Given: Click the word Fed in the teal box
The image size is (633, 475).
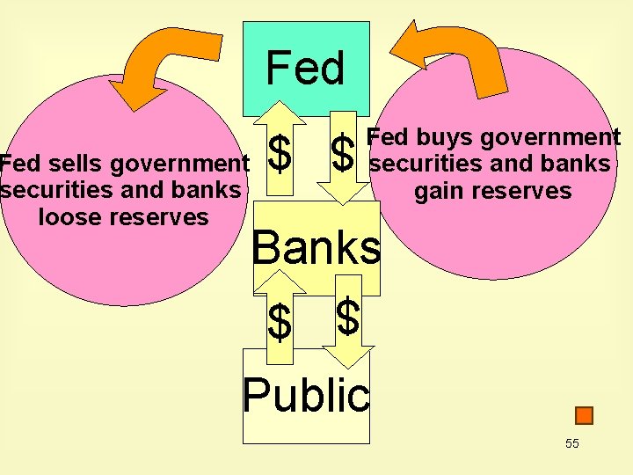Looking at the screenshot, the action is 305,69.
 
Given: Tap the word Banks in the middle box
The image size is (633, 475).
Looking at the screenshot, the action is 316,249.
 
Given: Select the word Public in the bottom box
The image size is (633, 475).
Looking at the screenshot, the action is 306,395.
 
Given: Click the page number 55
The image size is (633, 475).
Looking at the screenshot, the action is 572,443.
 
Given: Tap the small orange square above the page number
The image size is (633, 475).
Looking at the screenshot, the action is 584,415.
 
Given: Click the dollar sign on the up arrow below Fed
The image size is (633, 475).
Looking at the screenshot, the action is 280,153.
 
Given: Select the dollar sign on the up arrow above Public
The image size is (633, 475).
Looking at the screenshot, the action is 280,322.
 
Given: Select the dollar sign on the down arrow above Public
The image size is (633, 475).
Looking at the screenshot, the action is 348,317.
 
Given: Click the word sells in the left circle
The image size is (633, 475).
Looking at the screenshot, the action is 73,164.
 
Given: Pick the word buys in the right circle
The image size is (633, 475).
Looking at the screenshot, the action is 438,137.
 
